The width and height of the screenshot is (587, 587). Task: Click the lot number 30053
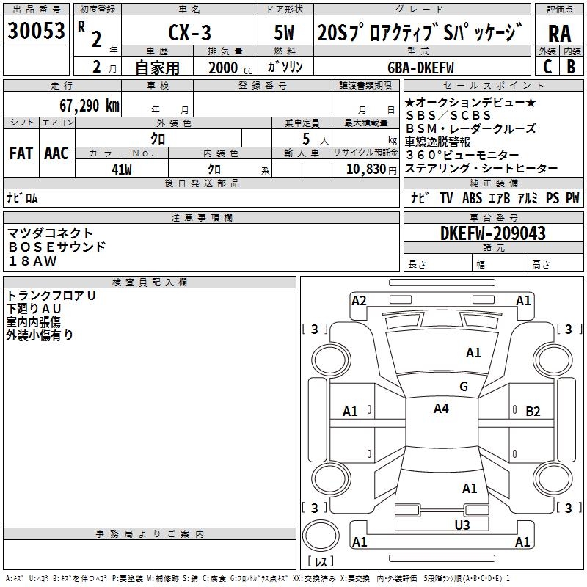[x=36, y=30]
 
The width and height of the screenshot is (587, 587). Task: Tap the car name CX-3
[x=189, y=32]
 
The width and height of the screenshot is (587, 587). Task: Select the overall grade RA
[x=559, y=34]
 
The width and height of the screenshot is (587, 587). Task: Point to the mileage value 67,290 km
[x=90, y=106]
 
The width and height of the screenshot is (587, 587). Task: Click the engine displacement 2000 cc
[x=230, y=68]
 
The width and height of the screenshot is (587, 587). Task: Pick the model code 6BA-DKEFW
[x=420, y=68]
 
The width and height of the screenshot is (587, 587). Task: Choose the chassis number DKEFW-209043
[x=492, y=233]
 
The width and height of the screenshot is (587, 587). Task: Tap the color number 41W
[x=122, y=169]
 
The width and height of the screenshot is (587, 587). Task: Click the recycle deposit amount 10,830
[x=366, y=169]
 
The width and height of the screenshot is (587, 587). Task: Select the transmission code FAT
[x=21, y=153]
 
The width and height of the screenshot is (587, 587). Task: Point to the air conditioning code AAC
[x=56, y=153]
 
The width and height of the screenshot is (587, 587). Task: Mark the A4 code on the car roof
[x=441, y=409]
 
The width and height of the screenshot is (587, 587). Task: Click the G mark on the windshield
[x=464, y=386]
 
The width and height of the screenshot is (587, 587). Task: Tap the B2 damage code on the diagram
[x=533, y=412]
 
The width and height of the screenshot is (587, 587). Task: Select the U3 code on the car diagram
[x=462, y=525]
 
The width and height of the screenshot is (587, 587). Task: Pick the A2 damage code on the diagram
[x=359, y=301]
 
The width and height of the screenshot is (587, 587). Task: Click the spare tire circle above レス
[x=321, y=536]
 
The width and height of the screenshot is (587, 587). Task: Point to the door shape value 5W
[x=284, y=32]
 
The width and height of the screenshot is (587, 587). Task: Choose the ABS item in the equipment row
[x=472, y=198]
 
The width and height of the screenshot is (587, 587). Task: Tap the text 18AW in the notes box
[x=32, y=261]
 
